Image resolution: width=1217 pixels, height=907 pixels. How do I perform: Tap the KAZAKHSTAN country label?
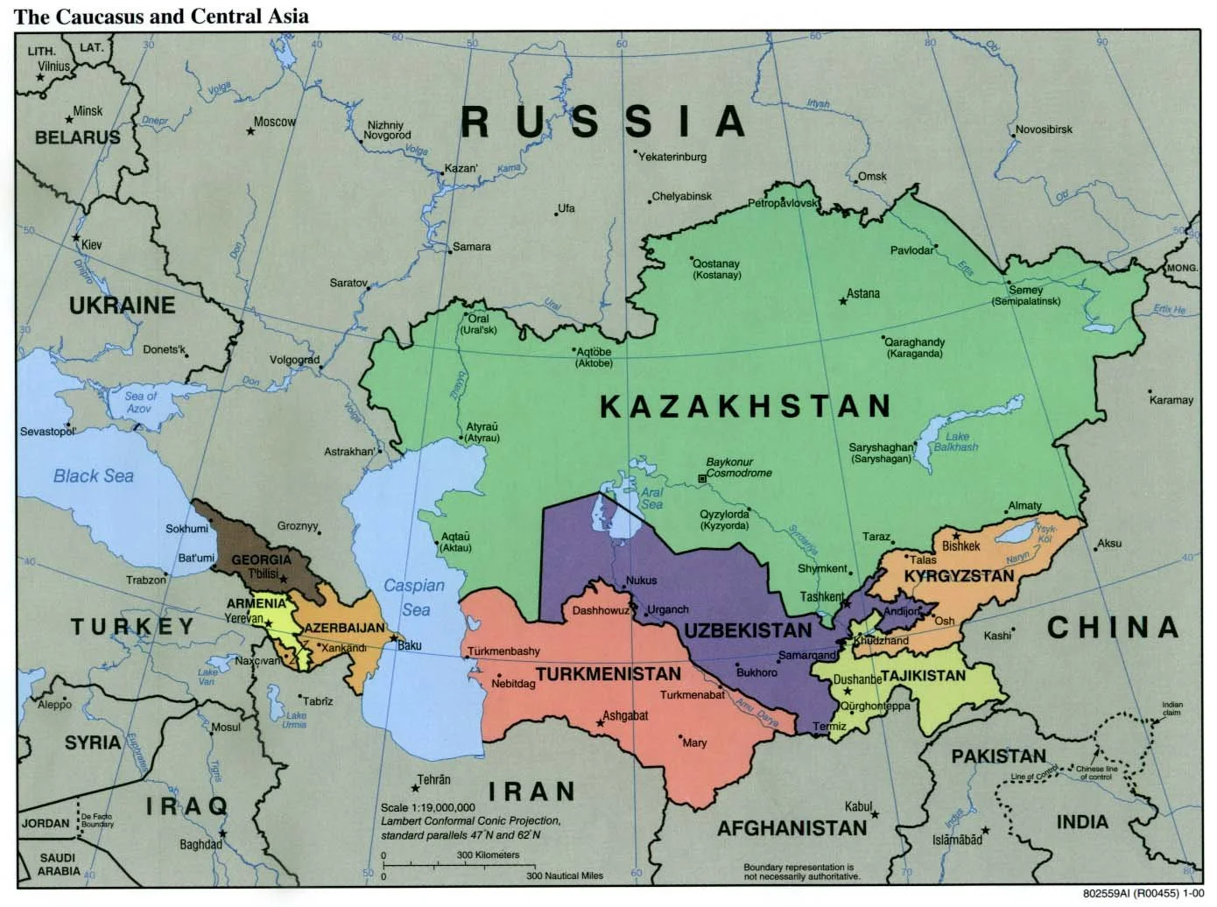[x=745, y=405]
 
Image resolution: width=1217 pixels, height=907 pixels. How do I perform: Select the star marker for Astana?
[x=843, y=301]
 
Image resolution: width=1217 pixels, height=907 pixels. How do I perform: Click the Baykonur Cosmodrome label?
[x=740, y=468]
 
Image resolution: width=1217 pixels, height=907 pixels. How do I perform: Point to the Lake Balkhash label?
[x=957, y=441]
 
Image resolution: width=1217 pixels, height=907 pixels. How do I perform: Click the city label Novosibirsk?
[x=1044, y=130]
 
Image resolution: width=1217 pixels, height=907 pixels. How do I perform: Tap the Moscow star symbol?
[x=250, y=131]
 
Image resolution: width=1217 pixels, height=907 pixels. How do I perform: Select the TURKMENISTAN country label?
[x=608, y=673]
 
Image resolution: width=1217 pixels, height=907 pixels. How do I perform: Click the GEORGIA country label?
[x=261, y=559]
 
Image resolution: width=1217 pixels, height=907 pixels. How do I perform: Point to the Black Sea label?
[x=94, y=475]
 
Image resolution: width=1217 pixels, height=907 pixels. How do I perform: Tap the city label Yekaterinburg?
[x=672, y=158]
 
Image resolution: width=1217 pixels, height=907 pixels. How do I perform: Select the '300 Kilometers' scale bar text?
[x=489, y=854]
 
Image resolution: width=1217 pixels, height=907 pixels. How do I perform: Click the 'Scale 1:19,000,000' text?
[x=428, y=807]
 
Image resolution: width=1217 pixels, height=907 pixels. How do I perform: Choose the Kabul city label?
[x=858, y=806]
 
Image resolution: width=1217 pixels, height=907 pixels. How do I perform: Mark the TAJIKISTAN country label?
[x=923, y=675]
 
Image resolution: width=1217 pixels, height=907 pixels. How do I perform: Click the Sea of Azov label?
[x=140, y=402]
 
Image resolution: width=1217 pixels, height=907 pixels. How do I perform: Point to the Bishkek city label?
[x=960, y=545]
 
